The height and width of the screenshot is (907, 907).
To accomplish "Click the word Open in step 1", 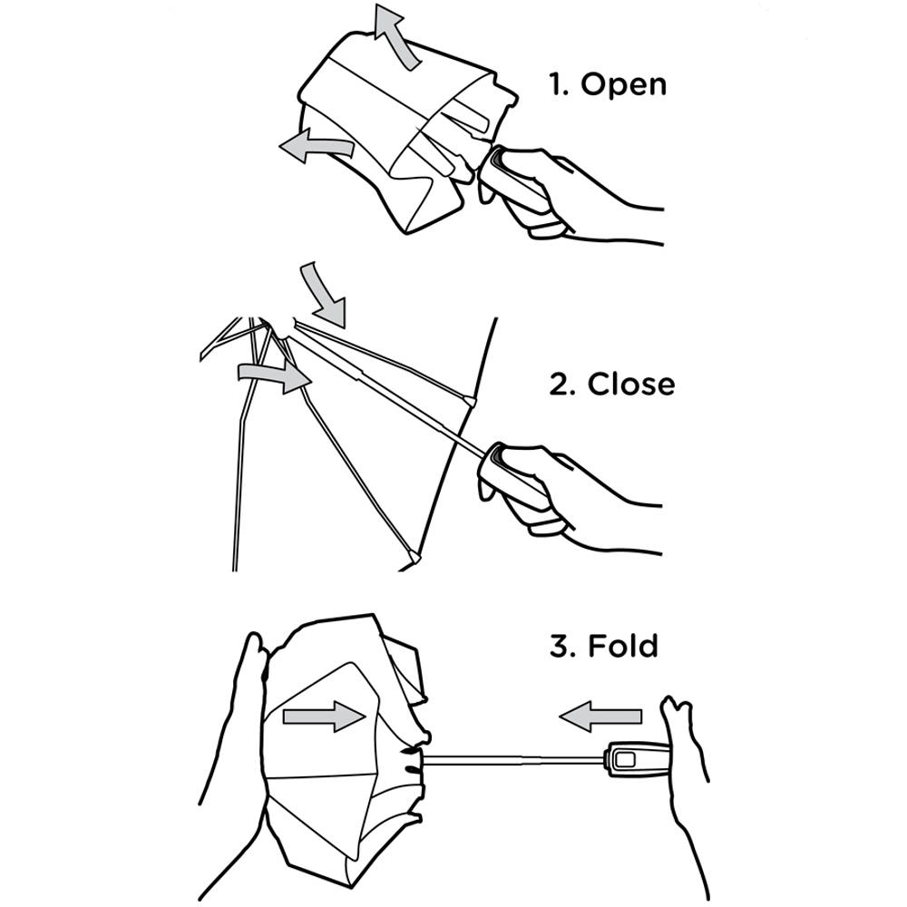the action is [x=624, y=85].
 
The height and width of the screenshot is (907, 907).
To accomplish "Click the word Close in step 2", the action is [x=631, y=384].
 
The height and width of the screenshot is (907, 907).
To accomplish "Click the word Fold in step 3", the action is [x=623, y=646].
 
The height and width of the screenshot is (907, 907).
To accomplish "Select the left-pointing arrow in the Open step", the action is [x=316, y=146].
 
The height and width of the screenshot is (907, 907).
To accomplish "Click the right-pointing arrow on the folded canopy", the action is [x=324, y=717].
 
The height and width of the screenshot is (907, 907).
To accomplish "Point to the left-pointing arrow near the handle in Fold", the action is [x=600, y=717].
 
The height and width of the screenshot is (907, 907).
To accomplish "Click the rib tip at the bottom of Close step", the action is [x=414, y=558].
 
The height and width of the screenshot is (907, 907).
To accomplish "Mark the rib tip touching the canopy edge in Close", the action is [x=470, y=400].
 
